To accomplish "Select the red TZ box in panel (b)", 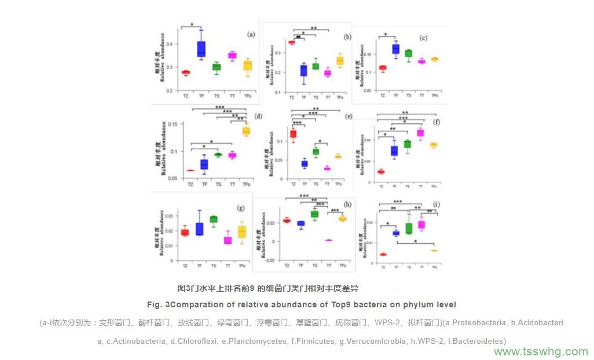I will tap(292, 42).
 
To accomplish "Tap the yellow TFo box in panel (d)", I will tap(246, 131).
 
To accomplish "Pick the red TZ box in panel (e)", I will tap(293, 134).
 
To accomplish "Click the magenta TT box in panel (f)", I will tap(420, 133).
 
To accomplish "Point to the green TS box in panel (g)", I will tap(214, 219).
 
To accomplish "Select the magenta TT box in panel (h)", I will tap(329, 240).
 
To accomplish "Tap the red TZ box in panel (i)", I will tap(383, 254).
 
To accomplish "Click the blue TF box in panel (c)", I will tap(396, 49).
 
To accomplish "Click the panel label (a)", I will tap(251, 34).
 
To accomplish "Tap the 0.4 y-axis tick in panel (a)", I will tap(169, 44).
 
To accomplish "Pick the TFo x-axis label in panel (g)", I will tap(243, 266).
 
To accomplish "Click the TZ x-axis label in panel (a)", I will tap(186, 95).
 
